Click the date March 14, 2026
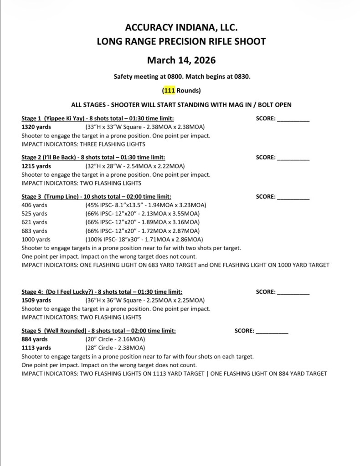[x=181, y=60]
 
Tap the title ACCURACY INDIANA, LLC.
[x=181, y=28]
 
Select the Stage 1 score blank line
[x=293, y=119]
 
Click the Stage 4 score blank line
[x=293, y=292]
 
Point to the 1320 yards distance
[x=36, y=127]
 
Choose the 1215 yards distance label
[x=36, y=166]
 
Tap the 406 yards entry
[x=34, y=205]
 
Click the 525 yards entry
[x=34, y=214]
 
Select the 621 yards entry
[x=34, y=222]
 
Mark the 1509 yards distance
[x=36, y=301]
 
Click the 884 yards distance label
[x=35, y=340]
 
